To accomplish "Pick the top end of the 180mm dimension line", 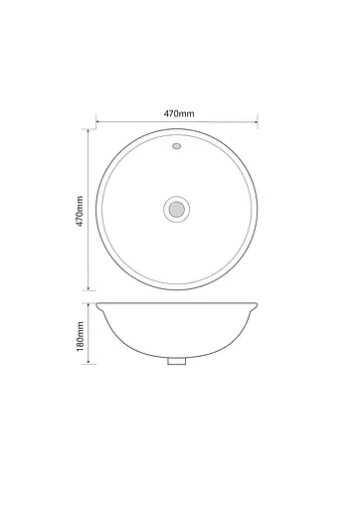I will click(89, 300).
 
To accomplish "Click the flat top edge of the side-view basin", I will click(178, 301).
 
